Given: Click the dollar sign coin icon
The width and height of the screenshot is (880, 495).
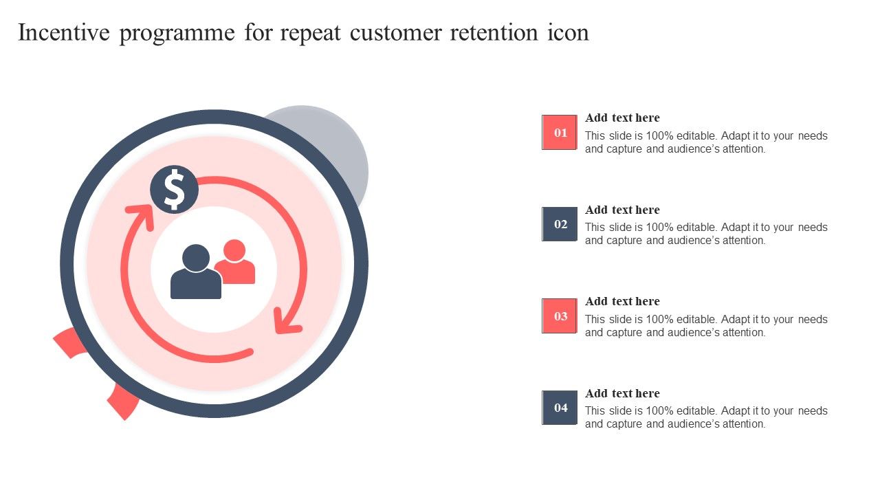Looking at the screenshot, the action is coord(174,189).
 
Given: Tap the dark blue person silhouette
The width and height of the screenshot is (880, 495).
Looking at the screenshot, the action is coord(196,272).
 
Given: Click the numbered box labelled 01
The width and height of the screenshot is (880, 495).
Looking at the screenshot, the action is coord(560,133).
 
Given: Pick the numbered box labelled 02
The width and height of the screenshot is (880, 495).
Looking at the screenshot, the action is coord(560,224).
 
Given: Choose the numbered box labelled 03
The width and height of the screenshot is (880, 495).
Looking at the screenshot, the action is coord(560,316).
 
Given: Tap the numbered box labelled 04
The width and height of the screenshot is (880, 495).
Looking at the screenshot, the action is coord(560,408).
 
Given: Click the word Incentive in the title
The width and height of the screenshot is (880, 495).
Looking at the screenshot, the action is coord(64,32).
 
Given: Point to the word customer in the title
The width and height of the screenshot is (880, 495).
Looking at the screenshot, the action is coord(395,33).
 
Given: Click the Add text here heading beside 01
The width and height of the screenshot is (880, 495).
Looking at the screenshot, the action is coord(622,118).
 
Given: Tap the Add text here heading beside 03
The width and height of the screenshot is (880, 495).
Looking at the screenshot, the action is coord(622,301).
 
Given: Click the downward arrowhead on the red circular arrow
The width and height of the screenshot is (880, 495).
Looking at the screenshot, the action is coord(287,321).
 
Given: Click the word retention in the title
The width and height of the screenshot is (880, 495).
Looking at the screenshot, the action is coord(494,32).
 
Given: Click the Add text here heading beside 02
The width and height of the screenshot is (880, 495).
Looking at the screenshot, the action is coord(622,210).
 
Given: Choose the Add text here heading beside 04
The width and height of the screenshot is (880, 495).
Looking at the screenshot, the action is coord(622,393).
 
